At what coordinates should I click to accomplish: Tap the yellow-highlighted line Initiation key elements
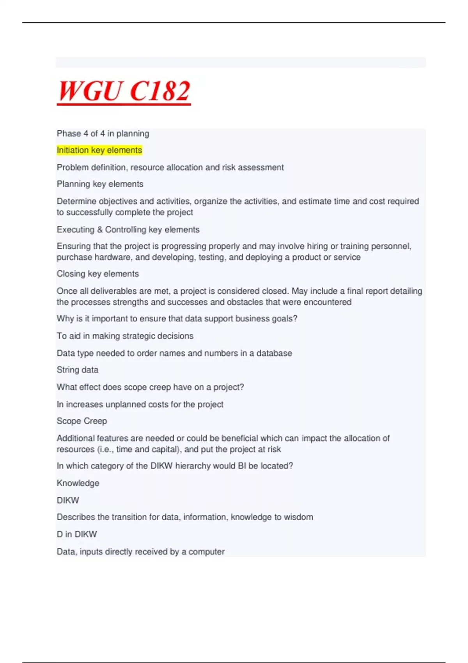99,150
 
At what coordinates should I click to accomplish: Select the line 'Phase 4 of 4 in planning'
103,133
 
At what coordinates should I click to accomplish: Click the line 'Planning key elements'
100,184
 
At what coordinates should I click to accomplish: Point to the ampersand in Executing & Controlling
100,230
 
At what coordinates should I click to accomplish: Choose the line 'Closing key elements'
97,274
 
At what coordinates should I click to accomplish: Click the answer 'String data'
77,370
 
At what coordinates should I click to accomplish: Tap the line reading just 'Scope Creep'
82,421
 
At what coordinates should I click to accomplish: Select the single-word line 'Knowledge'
78,483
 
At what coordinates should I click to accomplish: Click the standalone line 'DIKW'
68,500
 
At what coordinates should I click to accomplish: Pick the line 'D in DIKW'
76,534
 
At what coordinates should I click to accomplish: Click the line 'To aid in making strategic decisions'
125,336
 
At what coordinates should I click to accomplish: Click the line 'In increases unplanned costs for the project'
140,404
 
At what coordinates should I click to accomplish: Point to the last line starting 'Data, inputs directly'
140,552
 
